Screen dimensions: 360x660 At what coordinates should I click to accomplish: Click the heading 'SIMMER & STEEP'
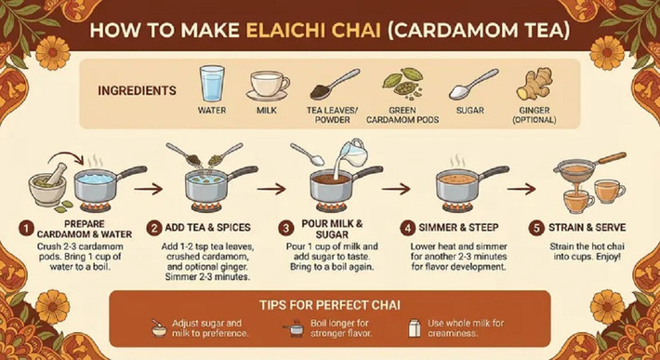click(462, 228)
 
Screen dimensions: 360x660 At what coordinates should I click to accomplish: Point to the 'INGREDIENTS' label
click(137, 91)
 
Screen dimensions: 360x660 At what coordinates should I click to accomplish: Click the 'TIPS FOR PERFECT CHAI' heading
click(330, 304)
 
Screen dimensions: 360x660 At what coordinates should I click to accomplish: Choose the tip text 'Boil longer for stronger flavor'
click(336, 327)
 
